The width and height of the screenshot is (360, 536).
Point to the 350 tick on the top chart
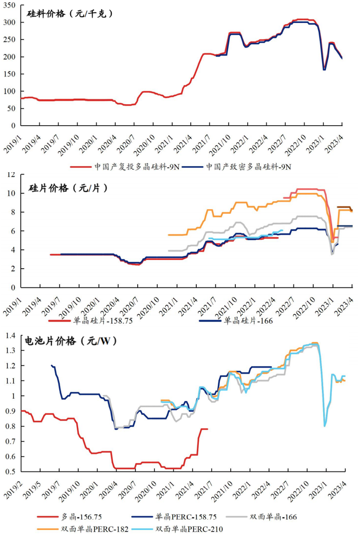(11, 6)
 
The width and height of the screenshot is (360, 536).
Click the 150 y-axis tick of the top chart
(11, 74)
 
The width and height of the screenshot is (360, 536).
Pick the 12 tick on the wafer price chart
(12, 174)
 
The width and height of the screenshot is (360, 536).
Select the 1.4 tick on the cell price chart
(10, 335)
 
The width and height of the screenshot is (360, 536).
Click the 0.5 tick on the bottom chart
(10, 471)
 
